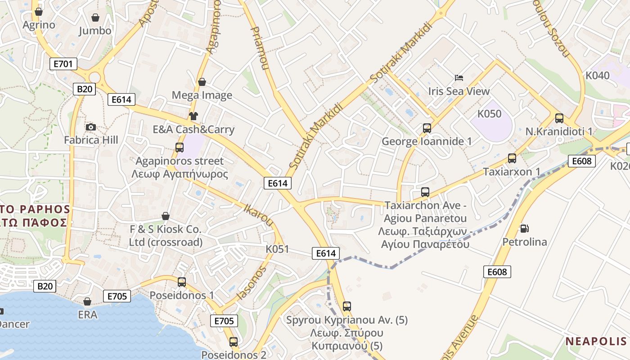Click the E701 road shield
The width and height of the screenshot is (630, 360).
point(63,64)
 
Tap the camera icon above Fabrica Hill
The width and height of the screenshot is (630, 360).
point(91,127)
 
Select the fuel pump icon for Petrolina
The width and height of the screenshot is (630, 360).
point(524,229)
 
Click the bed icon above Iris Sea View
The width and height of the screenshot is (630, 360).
point(459,78)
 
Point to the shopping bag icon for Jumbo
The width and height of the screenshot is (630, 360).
point(95,18)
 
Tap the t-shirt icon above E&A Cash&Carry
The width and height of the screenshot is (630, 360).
point(193,116)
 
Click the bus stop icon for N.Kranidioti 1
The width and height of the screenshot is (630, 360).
point(559,118)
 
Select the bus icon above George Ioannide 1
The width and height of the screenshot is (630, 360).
point(427,128)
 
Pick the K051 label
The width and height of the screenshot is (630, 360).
point(277,249)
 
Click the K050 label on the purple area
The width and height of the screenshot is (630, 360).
point(489,114)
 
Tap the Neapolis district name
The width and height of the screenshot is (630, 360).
point(595,341)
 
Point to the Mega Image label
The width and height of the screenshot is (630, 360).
point(202,95)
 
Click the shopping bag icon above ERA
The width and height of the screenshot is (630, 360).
point(87,301)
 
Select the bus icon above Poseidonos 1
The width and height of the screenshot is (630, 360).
point(182,282)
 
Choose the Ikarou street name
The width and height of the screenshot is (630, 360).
point(258,215)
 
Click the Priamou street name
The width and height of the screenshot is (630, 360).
point(259,48)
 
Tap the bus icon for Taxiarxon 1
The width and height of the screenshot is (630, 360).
point(512,158)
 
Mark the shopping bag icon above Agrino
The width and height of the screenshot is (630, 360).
point(39,11)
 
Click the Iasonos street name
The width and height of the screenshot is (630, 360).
point(252,283)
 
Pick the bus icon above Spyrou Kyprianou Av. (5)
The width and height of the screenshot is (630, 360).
point(346,306)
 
